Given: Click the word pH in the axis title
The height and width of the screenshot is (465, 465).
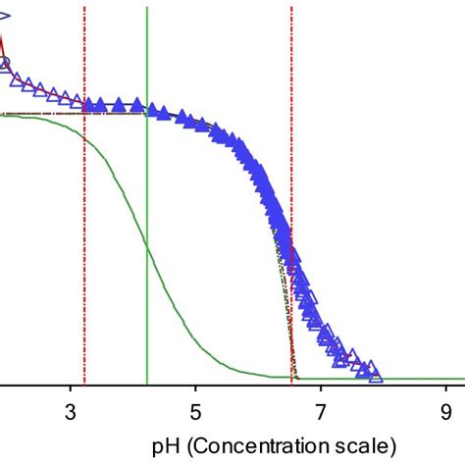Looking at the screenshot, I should click(x=165, y=443).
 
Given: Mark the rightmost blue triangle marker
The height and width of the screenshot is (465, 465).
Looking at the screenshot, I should click(x=374, y=372).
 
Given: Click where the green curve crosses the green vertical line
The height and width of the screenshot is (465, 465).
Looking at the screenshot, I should click(x=146, y=245).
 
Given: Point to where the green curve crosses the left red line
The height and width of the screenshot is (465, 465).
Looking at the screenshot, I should click(x=84, y=138).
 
